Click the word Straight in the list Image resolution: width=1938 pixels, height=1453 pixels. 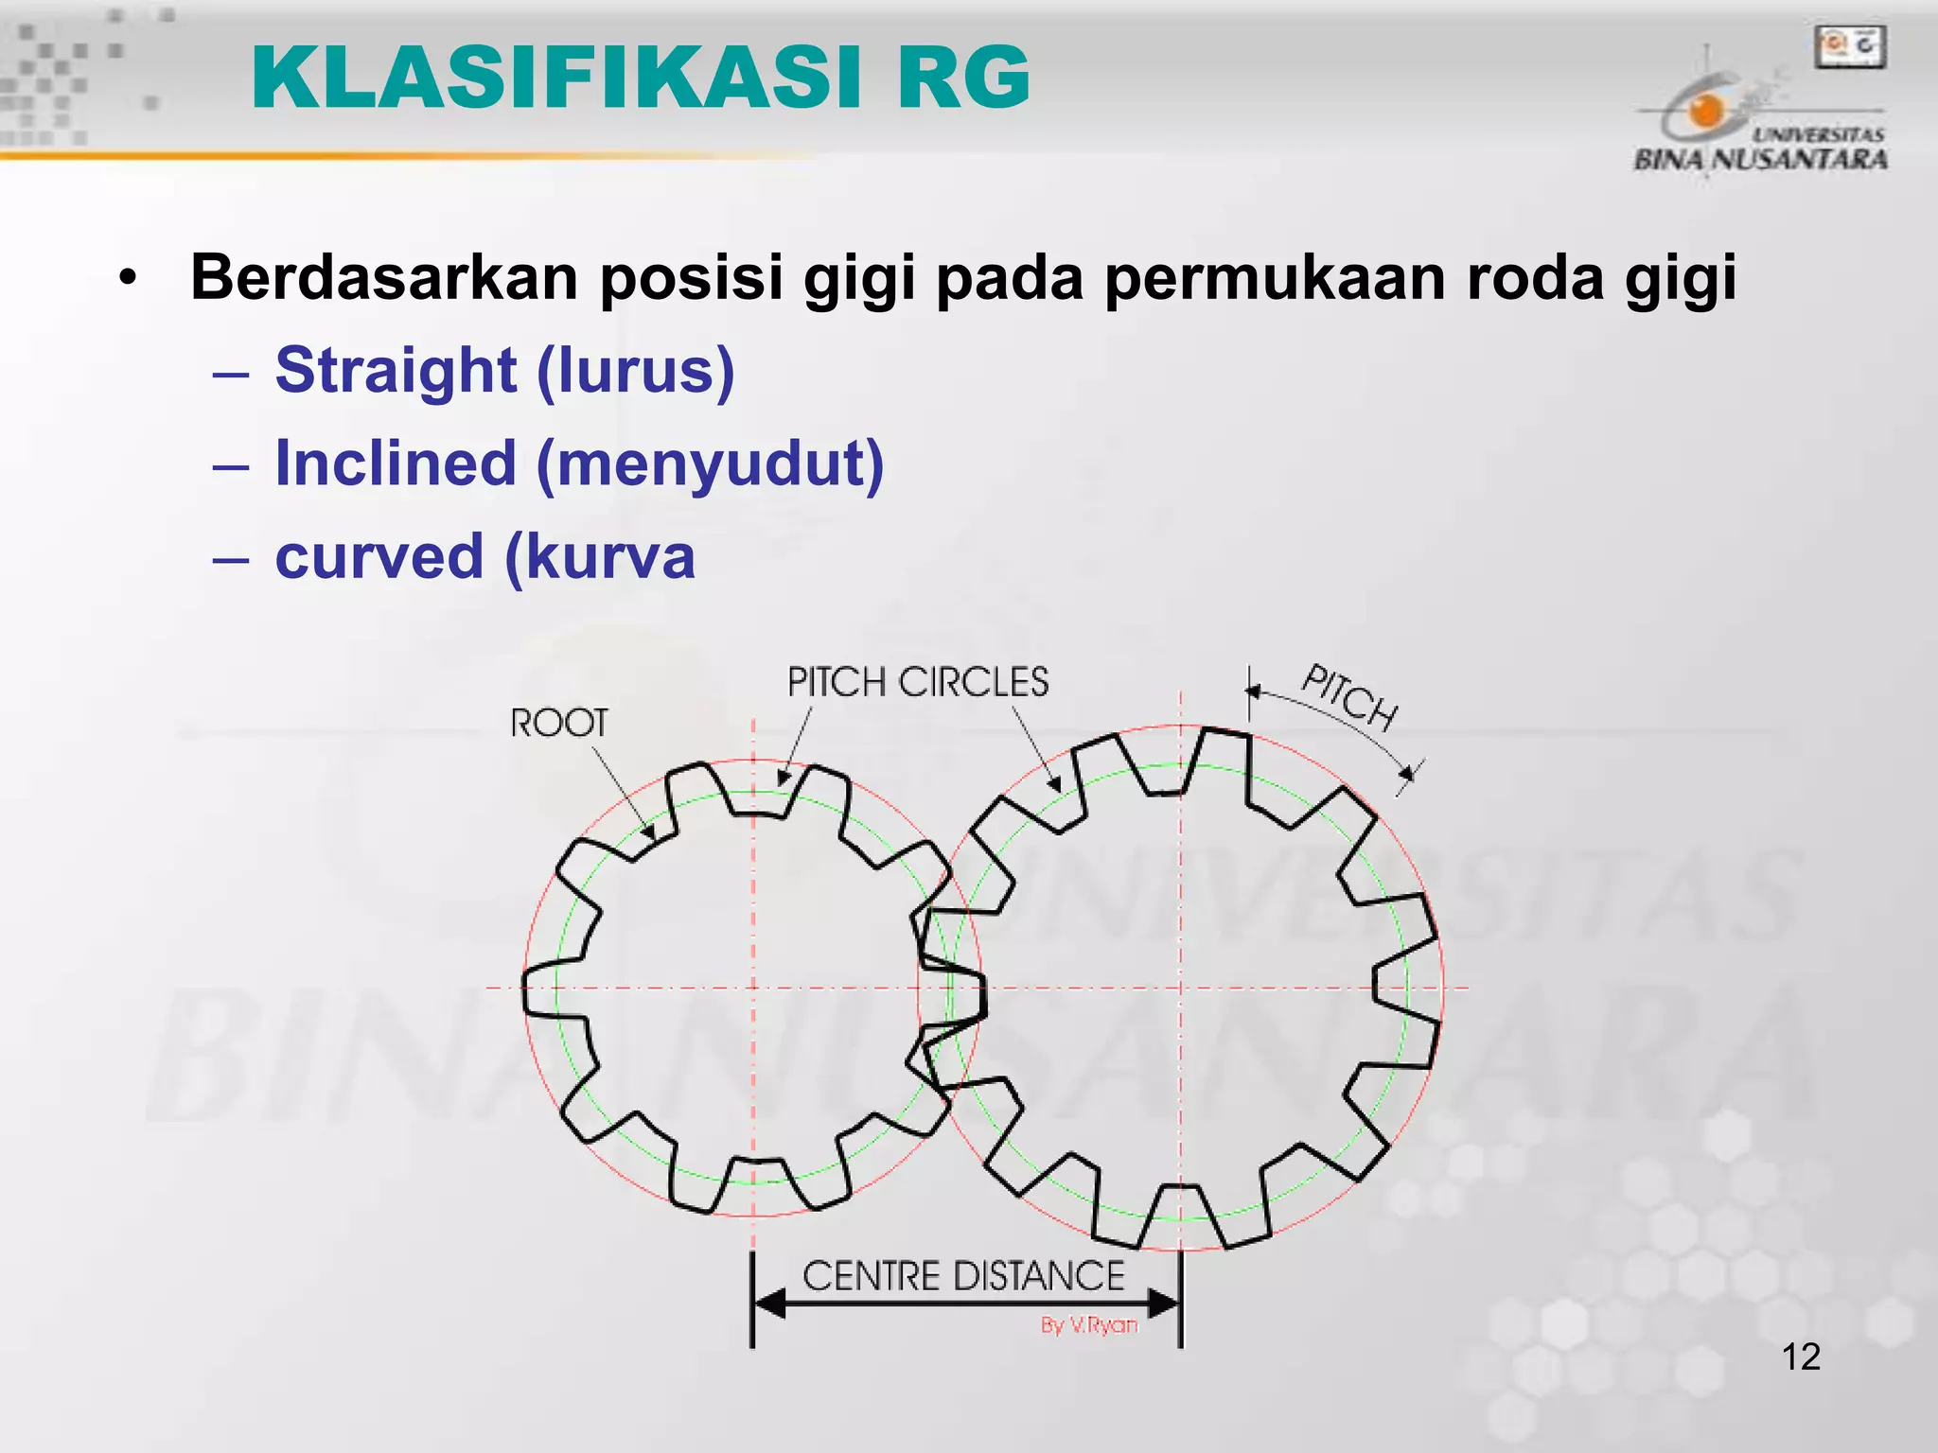(x=396, y=370)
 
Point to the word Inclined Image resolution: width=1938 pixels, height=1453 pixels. (x=396, y=464)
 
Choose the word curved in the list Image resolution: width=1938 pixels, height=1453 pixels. (x=379, y=556)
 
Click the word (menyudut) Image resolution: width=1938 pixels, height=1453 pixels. (x=710, y=464)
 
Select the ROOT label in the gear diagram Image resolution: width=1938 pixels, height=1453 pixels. (x=558, y=724)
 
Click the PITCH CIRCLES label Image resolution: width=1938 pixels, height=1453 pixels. (x=918, y=682)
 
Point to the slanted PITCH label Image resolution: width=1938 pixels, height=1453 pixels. (x=1350, y=698)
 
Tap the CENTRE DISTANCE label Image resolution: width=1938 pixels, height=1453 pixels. (x=963, y=1276)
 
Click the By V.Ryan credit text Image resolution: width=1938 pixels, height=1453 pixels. (x=1088, y=1325)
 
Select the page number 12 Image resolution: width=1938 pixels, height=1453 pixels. (x=1801, y=1357)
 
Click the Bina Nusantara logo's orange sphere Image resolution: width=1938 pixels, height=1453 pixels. (x=1706, y=111)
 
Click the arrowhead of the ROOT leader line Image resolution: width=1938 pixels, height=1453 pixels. (x=649, y=833)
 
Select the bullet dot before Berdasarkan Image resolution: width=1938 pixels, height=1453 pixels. (x=128, y=279)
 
